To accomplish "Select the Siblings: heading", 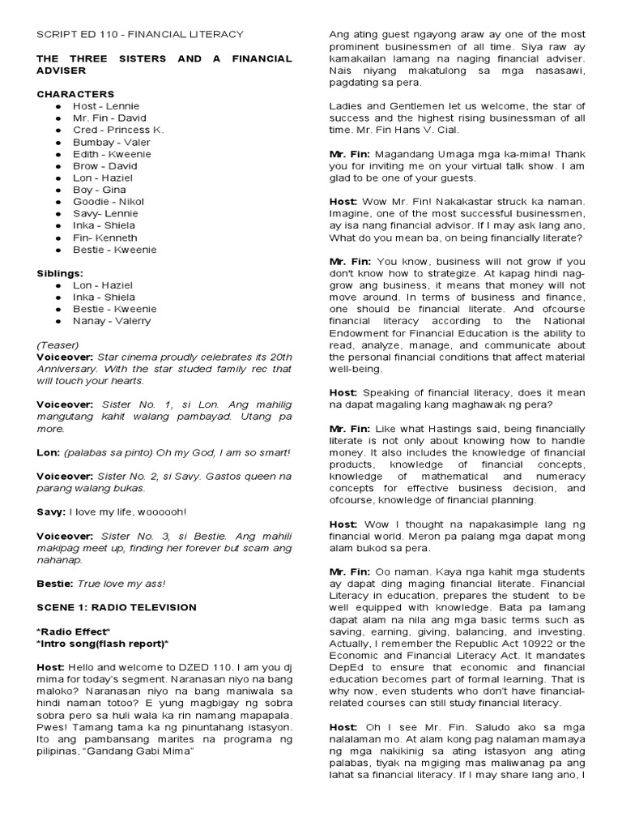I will pos(60,273).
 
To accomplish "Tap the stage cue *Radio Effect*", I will pos(74,631).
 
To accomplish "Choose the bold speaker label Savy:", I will pos(51,511).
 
